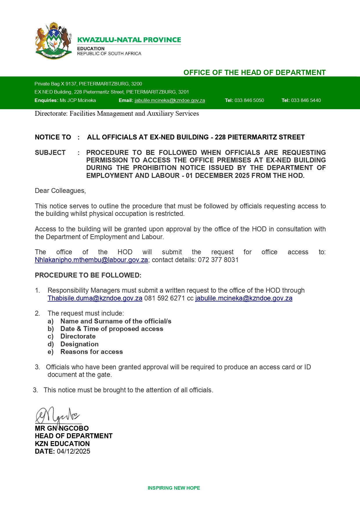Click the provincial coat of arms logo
pos(53,41)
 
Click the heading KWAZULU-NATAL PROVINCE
pos(129,40)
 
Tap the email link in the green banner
pos(170,101)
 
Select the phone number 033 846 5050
pos(249,101)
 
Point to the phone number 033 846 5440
pos(306,101)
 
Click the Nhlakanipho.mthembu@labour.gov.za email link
pos(91,260)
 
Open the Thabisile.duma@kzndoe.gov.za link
pos(95,298)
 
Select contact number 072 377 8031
pos(218,260)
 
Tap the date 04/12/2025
pos(73,451)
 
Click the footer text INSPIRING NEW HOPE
pos(174,488)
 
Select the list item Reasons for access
pos(91,352)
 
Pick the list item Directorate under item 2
pos(78,336)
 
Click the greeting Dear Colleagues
pos(60,191)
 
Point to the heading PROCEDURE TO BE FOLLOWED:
pos(88,275)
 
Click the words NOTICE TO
pos(53,137)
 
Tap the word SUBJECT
pos(50,153)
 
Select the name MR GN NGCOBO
pos(62,428)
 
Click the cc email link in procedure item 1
pos(244,298)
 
